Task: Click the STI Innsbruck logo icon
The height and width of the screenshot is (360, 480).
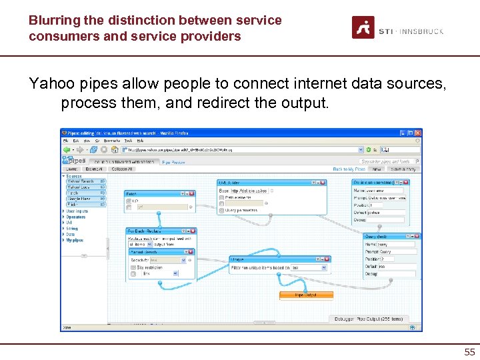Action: pyautogui.click(x=363, y=27)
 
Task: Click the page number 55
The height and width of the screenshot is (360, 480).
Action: pyautogui.click(x=469, y=352)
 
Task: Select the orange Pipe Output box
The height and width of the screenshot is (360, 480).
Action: pyautogui.click(x=306, y=295)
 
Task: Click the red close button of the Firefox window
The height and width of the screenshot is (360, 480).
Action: pyautogui.click(x=417, y=133)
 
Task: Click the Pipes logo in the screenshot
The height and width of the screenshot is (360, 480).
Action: pyautogui.click(x=75, y=161)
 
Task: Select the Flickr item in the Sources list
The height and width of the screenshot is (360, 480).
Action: pyautogui.click(x=73, y=204)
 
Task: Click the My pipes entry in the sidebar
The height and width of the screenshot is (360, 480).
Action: pyautogui.click(x=75, y=240)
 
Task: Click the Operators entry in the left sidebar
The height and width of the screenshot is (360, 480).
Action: pyautogui.click(x=75, y=217)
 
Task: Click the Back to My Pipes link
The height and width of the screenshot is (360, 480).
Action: pyautogui.click(x=349, y=169)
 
